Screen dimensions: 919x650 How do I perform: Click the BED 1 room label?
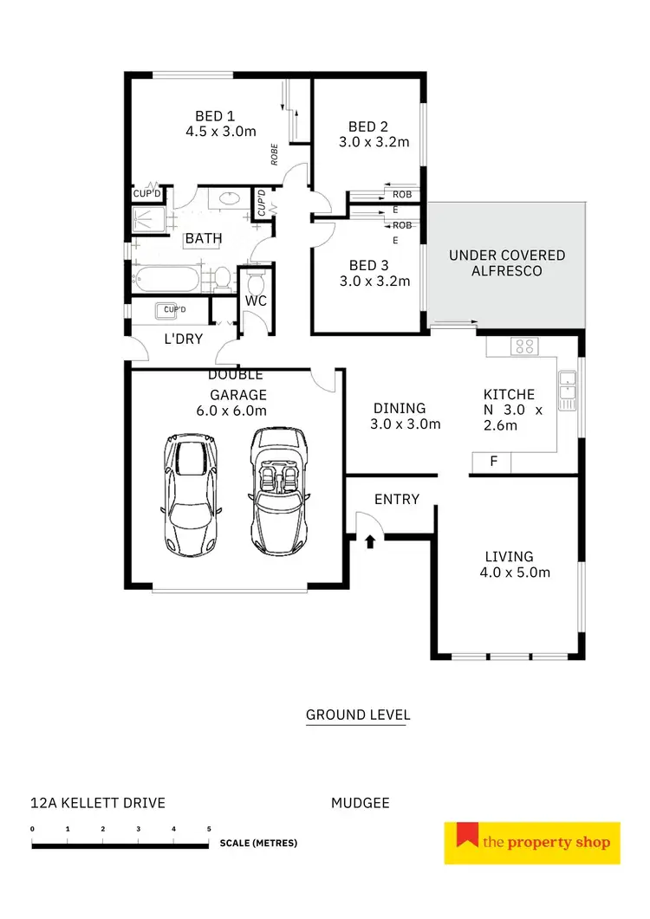click(214, 116)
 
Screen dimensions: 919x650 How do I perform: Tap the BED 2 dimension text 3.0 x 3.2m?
click(373, 142)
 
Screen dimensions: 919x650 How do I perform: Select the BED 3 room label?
click(363, 265)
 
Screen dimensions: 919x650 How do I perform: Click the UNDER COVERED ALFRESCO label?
click(506, 263)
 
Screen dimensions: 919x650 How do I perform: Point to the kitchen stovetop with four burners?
click(525, 346)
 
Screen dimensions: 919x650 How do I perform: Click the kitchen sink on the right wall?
click(568, 390)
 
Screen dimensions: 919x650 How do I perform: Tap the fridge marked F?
click(493, 462)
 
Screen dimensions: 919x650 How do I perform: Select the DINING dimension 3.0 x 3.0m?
click(406, 424)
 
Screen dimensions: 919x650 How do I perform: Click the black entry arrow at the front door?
click(370, 542)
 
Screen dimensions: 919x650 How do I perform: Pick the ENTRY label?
click(397, 499)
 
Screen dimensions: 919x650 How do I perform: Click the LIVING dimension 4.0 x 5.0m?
click(515, 572)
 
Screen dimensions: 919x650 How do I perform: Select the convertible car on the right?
click(280, 491)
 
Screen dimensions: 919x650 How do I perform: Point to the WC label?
click(255, 301)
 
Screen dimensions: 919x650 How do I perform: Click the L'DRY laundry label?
click(183, 339)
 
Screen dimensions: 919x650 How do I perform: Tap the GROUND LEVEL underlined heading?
click(357, 715)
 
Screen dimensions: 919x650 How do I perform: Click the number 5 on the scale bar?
click(209, 829)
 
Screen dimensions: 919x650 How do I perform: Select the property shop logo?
click(532, 843)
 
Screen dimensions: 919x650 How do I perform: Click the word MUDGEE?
click(361, 803)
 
